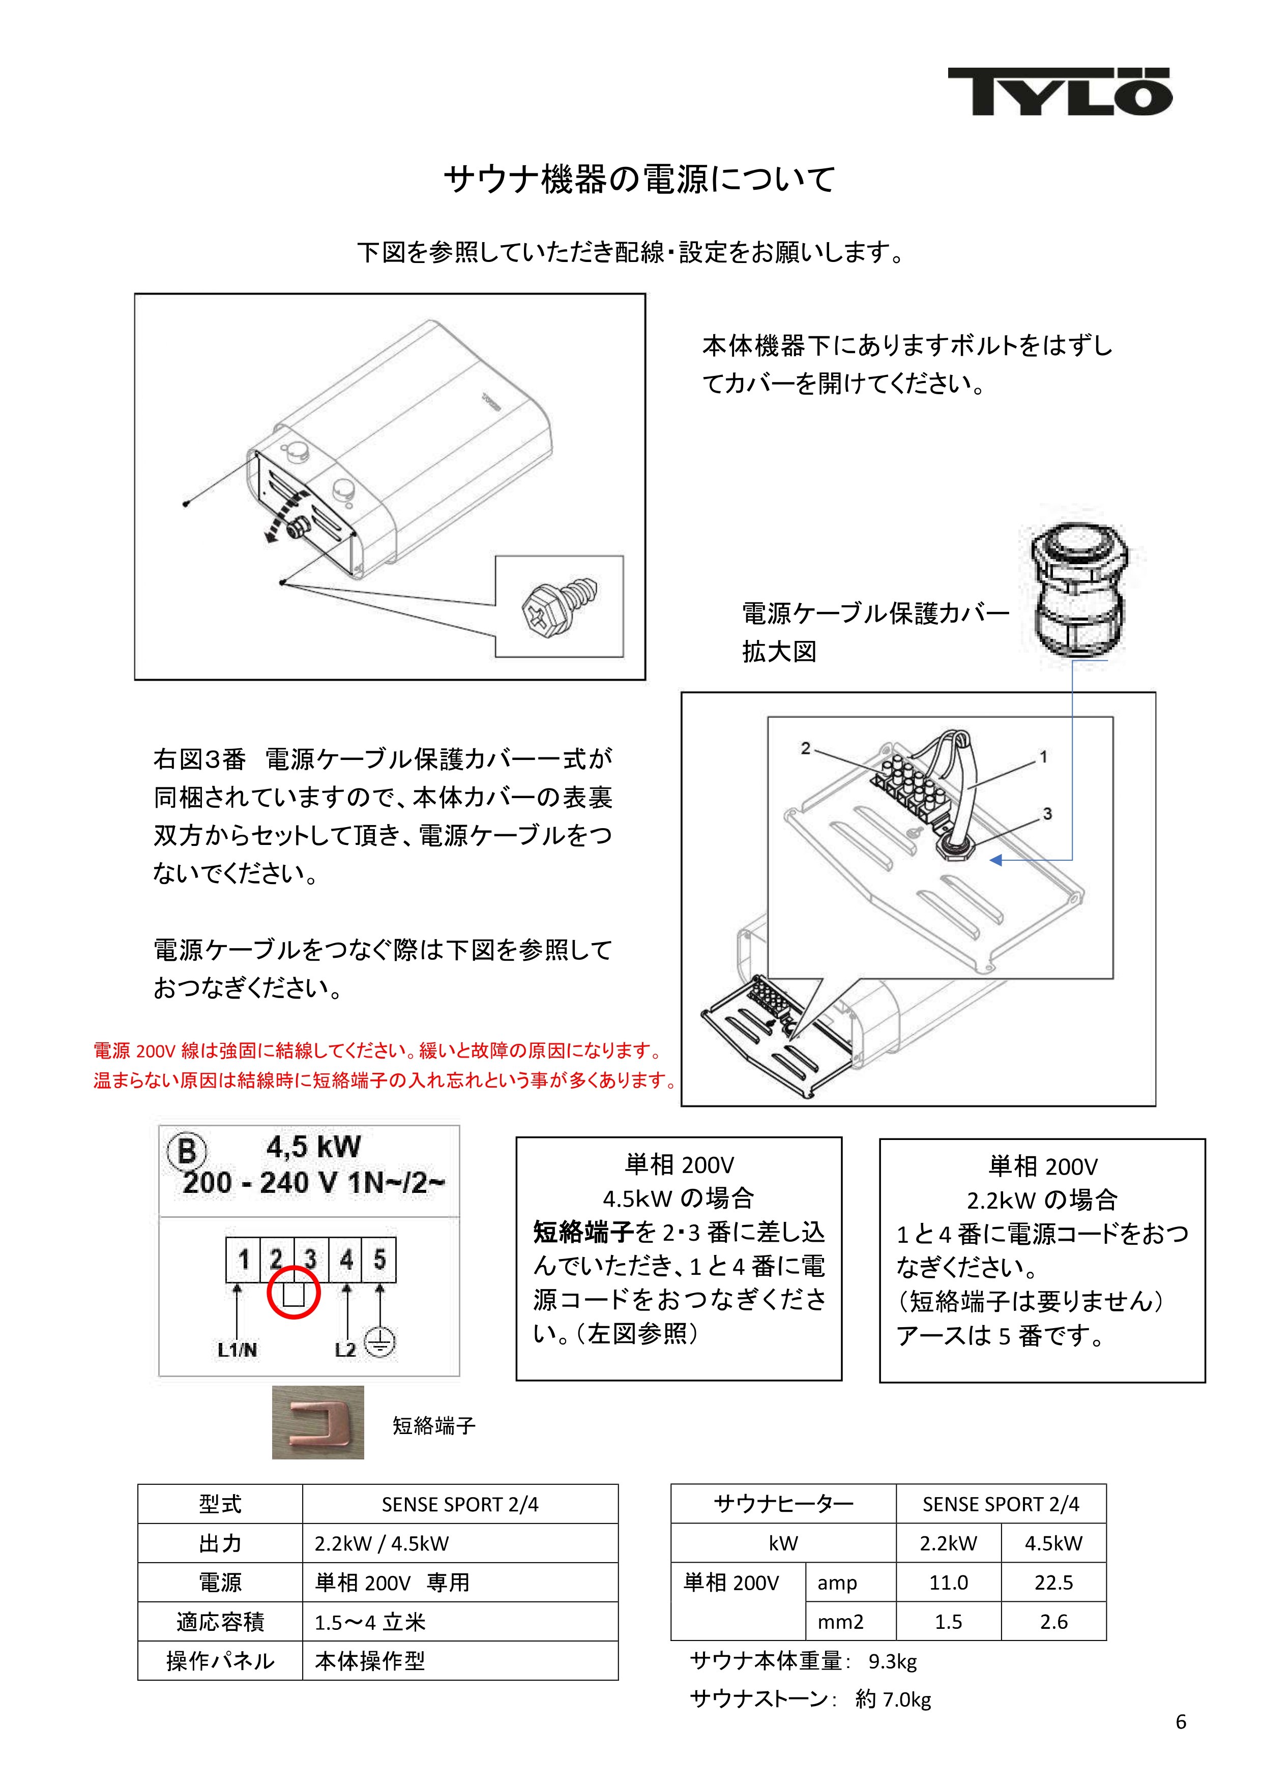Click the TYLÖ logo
(x=1059, y=91)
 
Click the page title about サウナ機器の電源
(x=639, y=179)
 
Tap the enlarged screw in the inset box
(x=559, y=606)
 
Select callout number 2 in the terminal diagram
(x=806, y=748)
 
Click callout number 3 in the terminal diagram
(x=1047, y=813)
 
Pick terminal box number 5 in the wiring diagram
(x=379, y=1259)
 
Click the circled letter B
(x=187, y=1151)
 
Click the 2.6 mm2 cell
(x=1053, y=1621)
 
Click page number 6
(x=1180, y=1722)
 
